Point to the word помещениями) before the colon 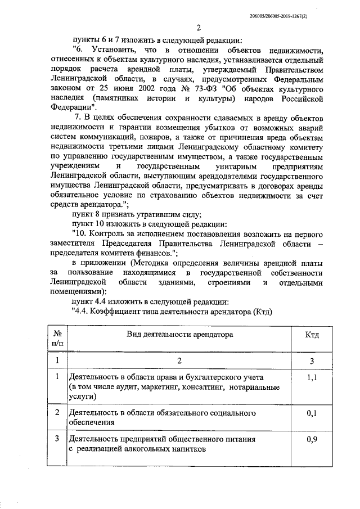[x=76, y=292]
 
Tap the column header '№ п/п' [x=57, y=339]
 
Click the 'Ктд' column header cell [x=312, y=335]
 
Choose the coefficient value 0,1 [x=312, y=413]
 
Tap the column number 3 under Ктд [x=312, y=361]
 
